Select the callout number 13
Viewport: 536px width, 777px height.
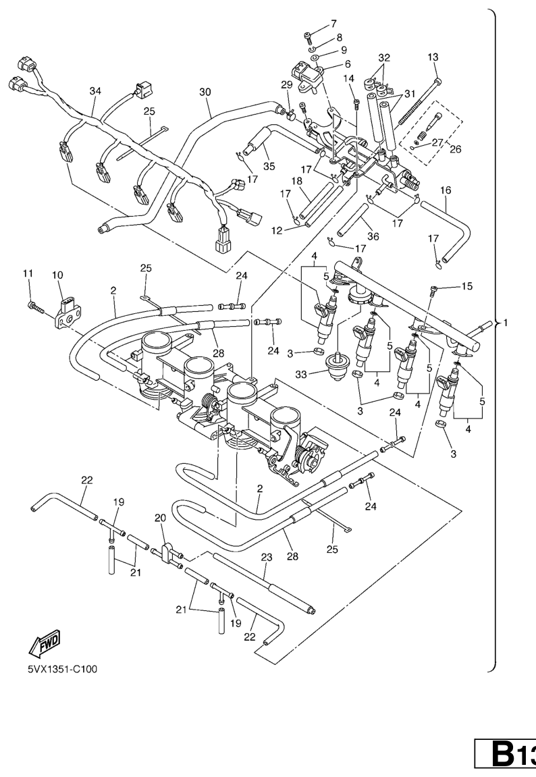point(433,57)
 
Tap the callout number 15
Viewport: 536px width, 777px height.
point(466,287)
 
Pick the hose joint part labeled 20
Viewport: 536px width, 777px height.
point(167,552)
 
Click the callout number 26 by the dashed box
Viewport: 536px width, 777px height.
point(456,149)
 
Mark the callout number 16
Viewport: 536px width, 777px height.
point(446,192)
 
